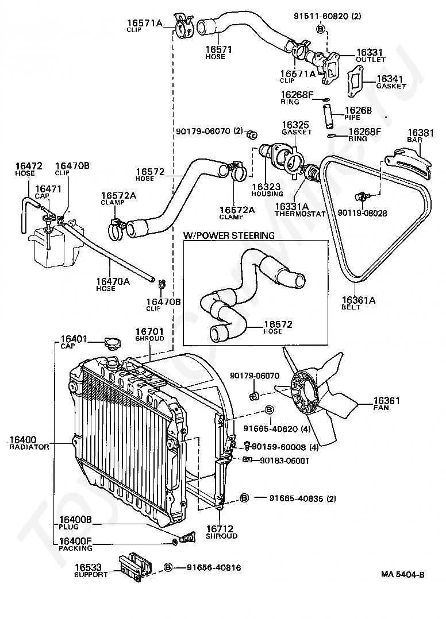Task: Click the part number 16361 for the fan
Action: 386,401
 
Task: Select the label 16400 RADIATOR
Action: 29,443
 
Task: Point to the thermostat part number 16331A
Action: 291,207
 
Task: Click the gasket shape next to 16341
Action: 356,82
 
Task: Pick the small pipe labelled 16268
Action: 328,115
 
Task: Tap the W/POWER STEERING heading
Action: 229,235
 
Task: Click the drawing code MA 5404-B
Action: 402,574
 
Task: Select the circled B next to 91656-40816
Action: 168,567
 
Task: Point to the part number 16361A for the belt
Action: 358,300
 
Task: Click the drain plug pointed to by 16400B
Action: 186,537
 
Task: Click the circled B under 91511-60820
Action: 321,29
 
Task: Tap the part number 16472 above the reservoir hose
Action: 28,166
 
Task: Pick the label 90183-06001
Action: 284,461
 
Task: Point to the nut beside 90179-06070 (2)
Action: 251,134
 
